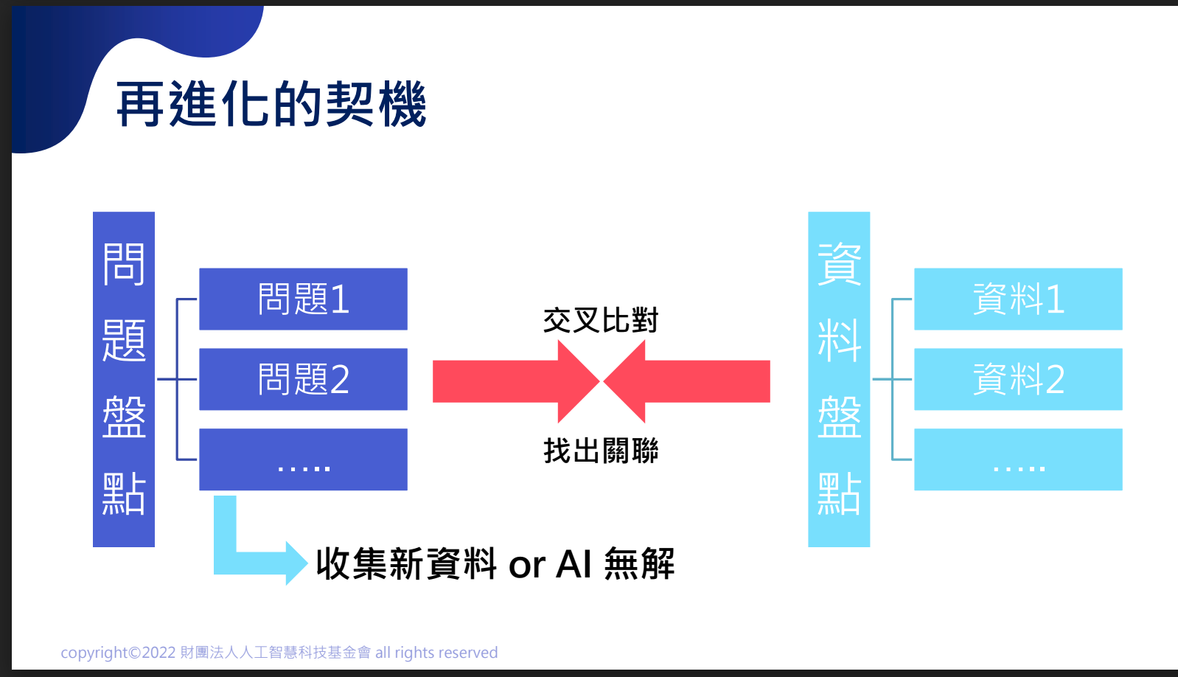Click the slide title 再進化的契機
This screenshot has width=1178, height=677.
coord(271,104)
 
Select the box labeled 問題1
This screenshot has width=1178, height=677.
coord(304,299)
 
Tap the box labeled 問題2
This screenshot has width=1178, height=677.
coord(304,379)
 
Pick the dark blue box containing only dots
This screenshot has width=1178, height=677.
coord(304,459)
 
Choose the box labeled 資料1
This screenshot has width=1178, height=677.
coord(1018,299)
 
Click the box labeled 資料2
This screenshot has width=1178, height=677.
coord(1018,379)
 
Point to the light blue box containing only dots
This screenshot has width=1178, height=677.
coord(1018,459)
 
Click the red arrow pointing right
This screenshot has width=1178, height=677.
coord(516,381)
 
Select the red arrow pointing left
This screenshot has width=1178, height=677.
coord(687,381)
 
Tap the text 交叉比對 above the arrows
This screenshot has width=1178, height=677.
coord(601,320)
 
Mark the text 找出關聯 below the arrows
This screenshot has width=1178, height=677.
coord(601,451)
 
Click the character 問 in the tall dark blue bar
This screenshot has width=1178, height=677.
coord(124,264)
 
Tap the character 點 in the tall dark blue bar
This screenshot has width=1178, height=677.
coord(124,493)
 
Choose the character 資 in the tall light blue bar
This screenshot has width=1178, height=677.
coord(839,264)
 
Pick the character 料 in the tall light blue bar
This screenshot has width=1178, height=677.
coord(839,340)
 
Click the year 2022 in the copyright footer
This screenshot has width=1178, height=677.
coord(158,653)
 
